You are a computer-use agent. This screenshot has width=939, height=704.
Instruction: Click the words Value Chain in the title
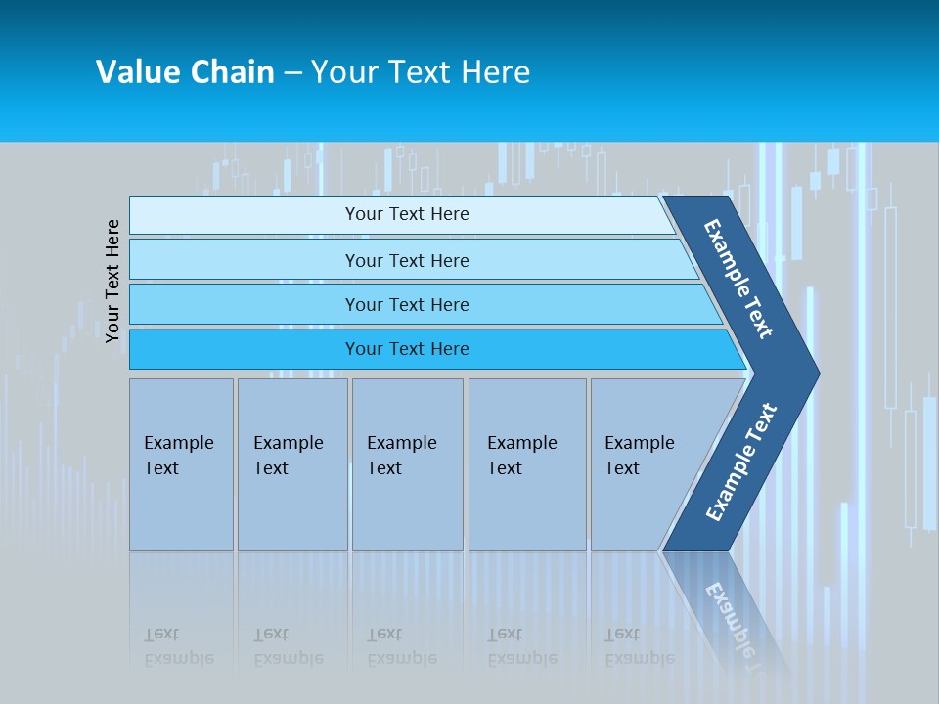point(185,72)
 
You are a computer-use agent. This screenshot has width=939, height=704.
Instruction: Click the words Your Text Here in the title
point(421,72)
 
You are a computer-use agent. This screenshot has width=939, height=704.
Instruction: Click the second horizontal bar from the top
point(407,260)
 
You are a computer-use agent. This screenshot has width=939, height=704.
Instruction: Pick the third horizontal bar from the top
point(407,304)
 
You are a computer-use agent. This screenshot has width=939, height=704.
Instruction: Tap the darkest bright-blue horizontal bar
point(407,349)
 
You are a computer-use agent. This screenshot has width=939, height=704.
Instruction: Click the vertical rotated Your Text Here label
point(112,281)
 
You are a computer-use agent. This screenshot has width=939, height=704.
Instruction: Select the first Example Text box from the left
point(181,464)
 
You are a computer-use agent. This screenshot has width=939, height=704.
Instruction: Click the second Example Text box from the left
point(291,464)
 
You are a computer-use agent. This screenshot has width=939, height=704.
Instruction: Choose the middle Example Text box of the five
point(407,464)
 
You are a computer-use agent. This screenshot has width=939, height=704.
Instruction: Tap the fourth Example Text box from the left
point(527,464)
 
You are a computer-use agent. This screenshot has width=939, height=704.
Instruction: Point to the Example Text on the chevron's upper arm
point(738,279)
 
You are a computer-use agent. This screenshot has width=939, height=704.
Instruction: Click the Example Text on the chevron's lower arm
point(740,462)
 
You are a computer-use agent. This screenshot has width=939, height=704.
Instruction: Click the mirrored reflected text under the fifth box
point(639,646)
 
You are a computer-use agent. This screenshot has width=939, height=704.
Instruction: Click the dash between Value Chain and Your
point(292,72)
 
